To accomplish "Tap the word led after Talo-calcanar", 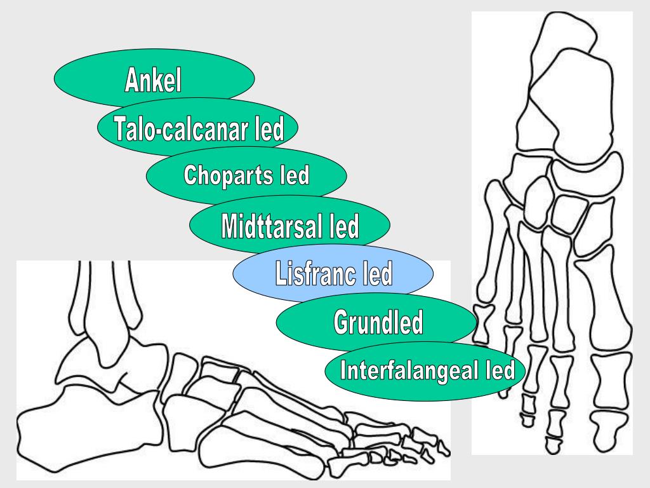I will tap(268, 130).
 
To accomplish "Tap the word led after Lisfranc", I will tap(376, 274).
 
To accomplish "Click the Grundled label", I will tap(378, 323).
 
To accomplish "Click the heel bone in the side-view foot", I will tap(57, 438).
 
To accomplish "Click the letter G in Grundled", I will tap(342, 323).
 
